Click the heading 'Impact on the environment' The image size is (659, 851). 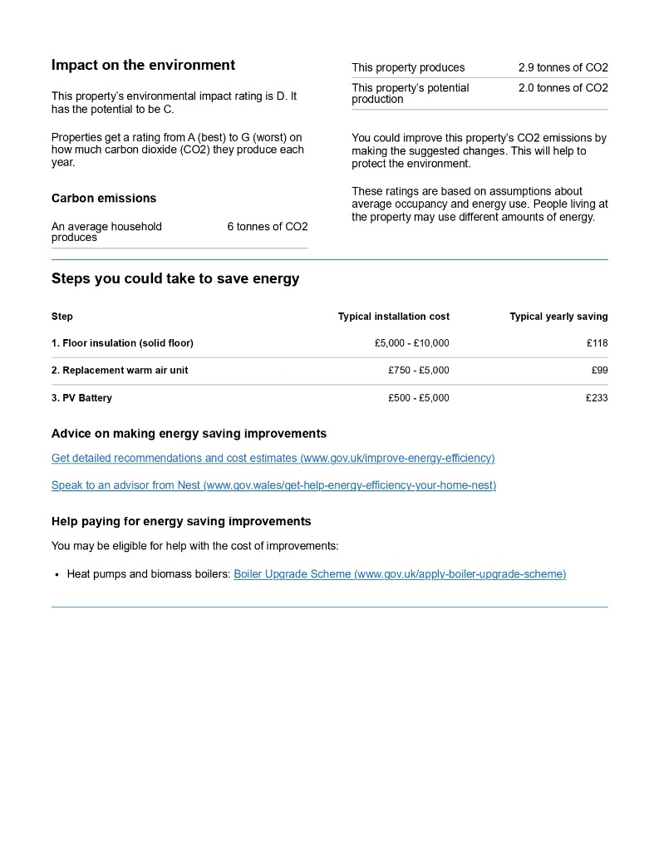pos(143,65)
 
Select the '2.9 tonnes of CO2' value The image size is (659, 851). pos(563,67)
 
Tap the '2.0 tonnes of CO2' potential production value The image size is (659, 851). pos(563,88)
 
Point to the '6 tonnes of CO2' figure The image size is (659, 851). pos(267,227)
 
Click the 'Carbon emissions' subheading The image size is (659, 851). pos(104,198)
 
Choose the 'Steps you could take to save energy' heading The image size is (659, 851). pos(175,278)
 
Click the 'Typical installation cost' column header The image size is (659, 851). pos(393,317)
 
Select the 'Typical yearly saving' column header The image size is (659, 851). pos(558,317)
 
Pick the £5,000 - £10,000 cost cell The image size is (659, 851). pos(411,343)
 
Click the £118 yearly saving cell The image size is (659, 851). pos(597,343)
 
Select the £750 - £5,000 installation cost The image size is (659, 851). pos(418,371)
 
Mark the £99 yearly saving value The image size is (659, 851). pos(599,371)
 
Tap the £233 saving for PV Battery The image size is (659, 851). pos(597,398)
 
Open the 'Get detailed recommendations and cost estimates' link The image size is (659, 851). pos(273,458)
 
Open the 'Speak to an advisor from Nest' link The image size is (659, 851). pos(273,485)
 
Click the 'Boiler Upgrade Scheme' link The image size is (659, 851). pos(400,574)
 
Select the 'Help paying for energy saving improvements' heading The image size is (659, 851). pos(181,521)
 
